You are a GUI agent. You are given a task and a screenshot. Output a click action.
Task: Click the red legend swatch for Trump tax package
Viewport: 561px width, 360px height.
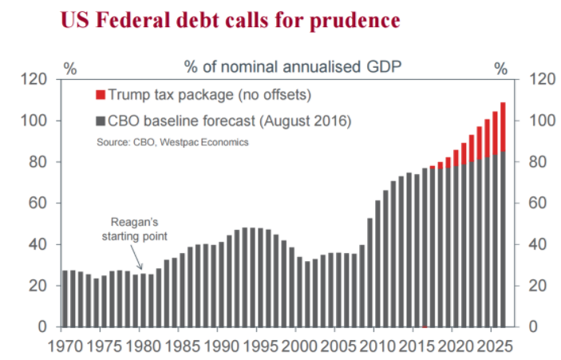pos(100,96)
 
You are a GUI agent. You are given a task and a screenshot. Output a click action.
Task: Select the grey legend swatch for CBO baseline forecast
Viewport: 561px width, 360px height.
pos(100,121)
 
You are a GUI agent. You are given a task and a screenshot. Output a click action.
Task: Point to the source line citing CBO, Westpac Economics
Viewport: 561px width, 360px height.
pos(168,142)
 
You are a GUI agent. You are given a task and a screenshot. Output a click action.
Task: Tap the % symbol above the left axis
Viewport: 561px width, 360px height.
pos(70,69)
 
